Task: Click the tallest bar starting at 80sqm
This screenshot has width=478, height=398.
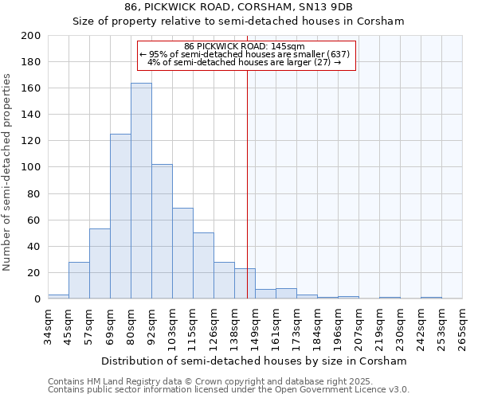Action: tap(141, 191)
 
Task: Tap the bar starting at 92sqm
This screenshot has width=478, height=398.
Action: tap(162, 232)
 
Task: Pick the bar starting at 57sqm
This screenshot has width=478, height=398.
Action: tap(100, 263)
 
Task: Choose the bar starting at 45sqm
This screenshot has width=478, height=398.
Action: tap(79, 280)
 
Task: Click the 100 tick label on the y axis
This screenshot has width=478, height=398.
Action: tap(30, 167)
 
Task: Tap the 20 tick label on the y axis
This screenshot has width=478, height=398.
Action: tap(33, 272)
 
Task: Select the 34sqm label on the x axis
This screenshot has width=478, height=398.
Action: tap(48, 322)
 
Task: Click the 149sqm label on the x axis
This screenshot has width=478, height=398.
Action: tap(255, 325)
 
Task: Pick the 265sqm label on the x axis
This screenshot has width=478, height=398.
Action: tap(462, 325)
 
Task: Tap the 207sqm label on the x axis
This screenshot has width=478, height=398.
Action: tap(358, 325)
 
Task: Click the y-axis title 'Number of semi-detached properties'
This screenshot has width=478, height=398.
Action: tap(8, 171)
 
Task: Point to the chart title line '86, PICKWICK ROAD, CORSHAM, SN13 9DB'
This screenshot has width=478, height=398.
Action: tap(239, 7)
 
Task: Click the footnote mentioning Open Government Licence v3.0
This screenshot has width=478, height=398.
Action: tap(229, 389)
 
